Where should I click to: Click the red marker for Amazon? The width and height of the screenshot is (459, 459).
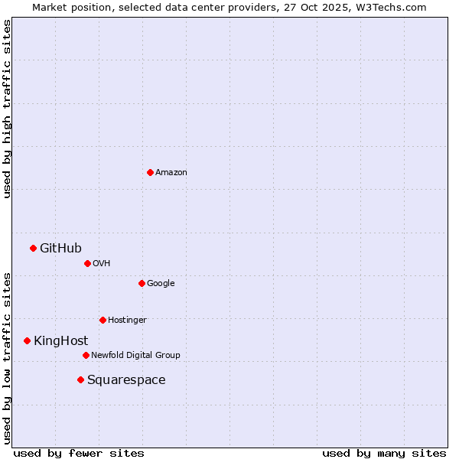[x=150, y=172]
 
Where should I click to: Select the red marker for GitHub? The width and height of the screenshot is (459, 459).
[x=33, y=248]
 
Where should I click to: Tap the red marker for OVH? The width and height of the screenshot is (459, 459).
[x=87, y=263]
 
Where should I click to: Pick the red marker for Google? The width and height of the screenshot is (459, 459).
[x=142, y=283]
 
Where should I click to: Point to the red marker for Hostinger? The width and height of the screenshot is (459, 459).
[x=103, y=320]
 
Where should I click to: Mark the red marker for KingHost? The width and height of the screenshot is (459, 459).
[x=27, y=340]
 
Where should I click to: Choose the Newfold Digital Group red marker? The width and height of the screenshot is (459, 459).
[x=86, y=355]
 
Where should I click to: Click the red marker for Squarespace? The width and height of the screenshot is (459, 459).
[x=80, y=379]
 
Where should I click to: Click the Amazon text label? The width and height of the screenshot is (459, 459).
[x=171, y=172]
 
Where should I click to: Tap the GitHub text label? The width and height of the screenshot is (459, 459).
[x=60, y=248]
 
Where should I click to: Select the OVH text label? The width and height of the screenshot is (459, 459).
[x=102, y=263]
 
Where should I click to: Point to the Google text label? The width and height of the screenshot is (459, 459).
[x=161, y=283]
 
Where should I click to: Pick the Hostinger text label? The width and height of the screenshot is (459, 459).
[x=127, y=320]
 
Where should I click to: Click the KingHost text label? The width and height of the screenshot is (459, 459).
[x=60, y=340]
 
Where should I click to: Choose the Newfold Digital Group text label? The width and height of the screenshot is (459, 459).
[x=135, y=355]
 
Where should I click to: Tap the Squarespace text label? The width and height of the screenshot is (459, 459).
[x=126, y=379]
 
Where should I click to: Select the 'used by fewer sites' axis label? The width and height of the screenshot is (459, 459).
[x=79, y=453]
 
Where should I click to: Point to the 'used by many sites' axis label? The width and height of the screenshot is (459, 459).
[x=384, y=453]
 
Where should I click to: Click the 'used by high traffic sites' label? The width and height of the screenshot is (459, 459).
[x=7, y=109]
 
